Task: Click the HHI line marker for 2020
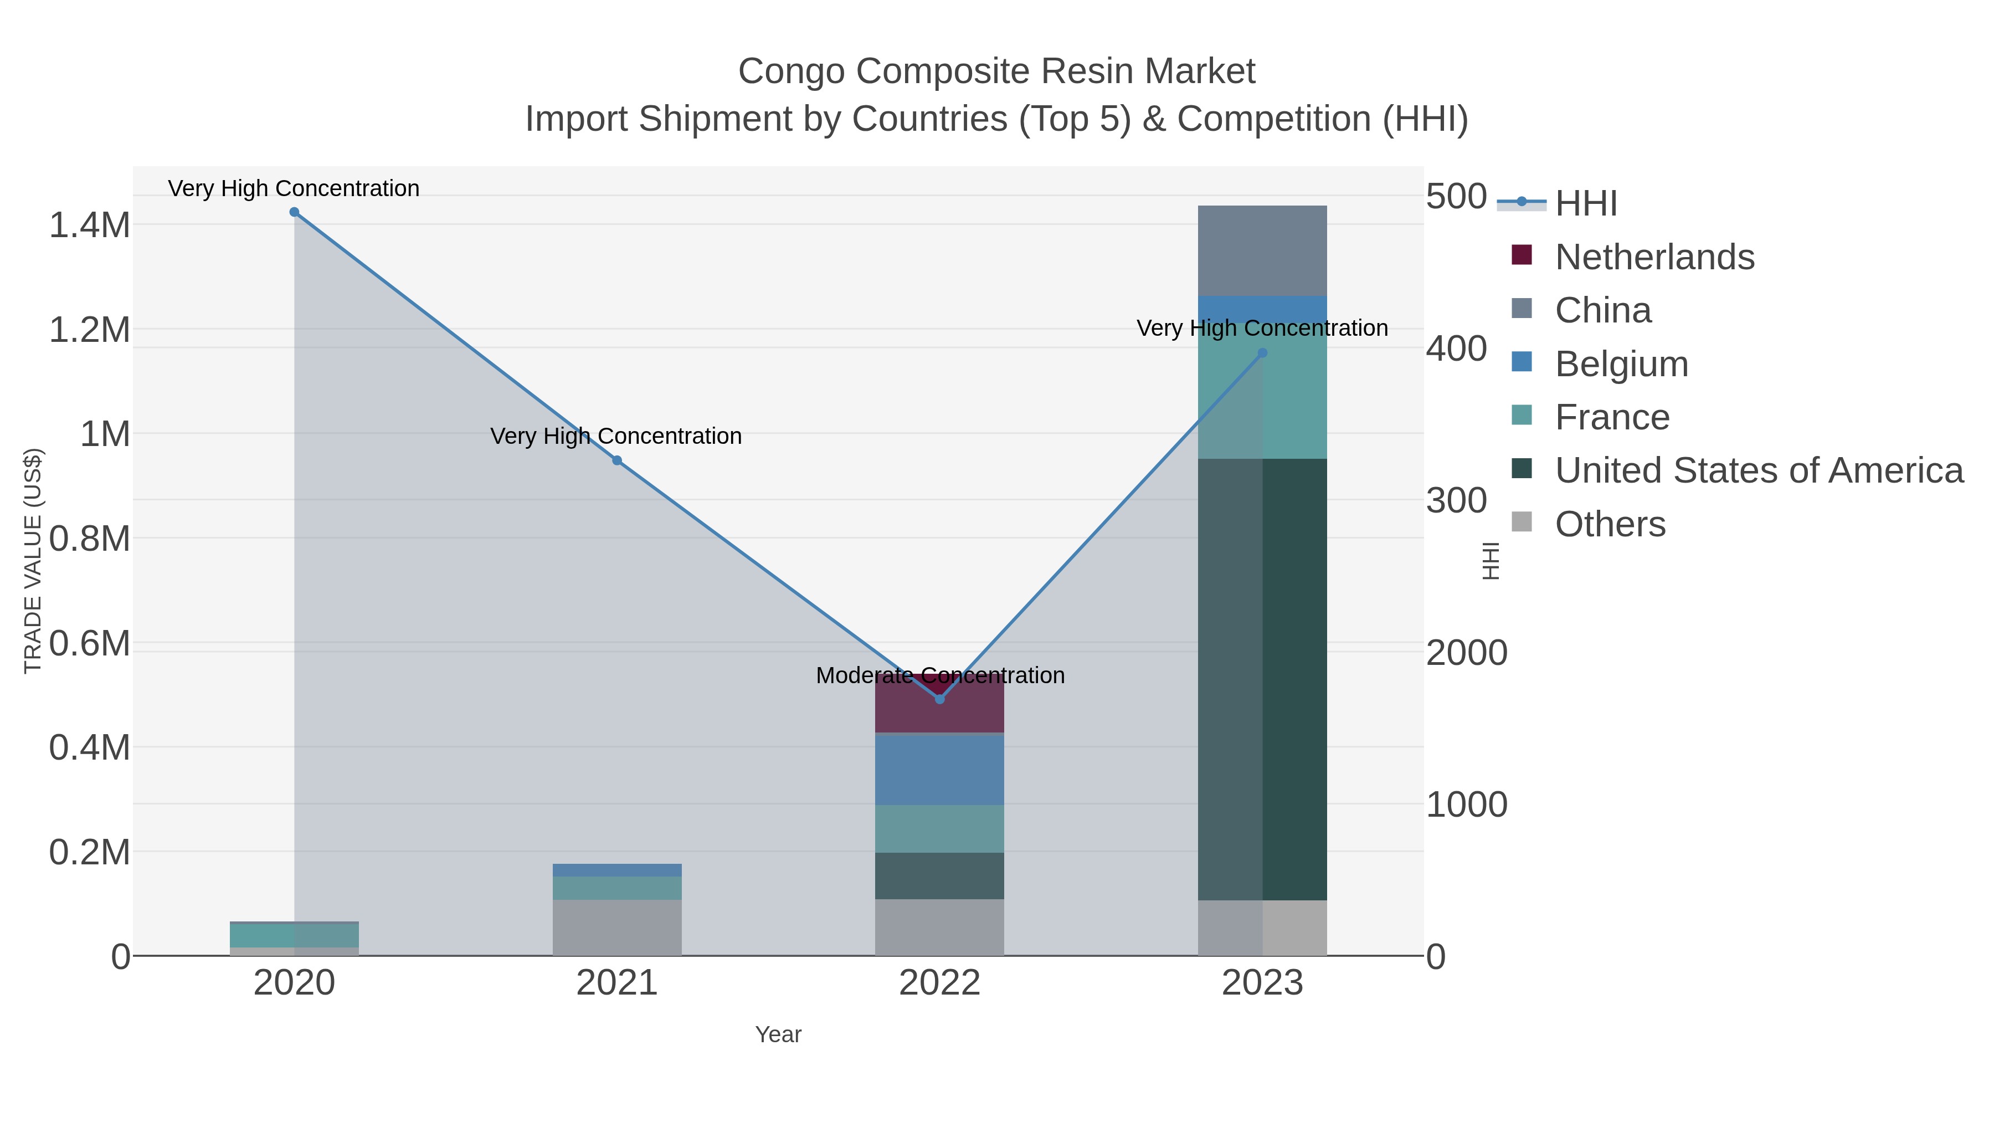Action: (x=294, y=212)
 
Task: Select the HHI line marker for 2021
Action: (x=617, y=461)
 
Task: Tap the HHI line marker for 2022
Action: (x=940, y=699)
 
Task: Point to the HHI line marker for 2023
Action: (x=1262, y=353)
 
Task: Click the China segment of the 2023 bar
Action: (x=1262, y=250)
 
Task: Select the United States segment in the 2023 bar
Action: (x=1262, y=679)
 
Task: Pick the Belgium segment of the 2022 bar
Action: (x=940, y=769)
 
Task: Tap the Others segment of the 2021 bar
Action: (x=617, y=928)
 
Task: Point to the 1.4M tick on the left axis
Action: (x=90, y=226)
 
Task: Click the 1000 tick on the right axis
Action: (x=1466, y=805)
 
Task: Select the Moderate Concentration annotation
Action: (x=940, y=675)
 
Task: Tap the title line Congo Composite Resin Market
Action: (x=996, y=71)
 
